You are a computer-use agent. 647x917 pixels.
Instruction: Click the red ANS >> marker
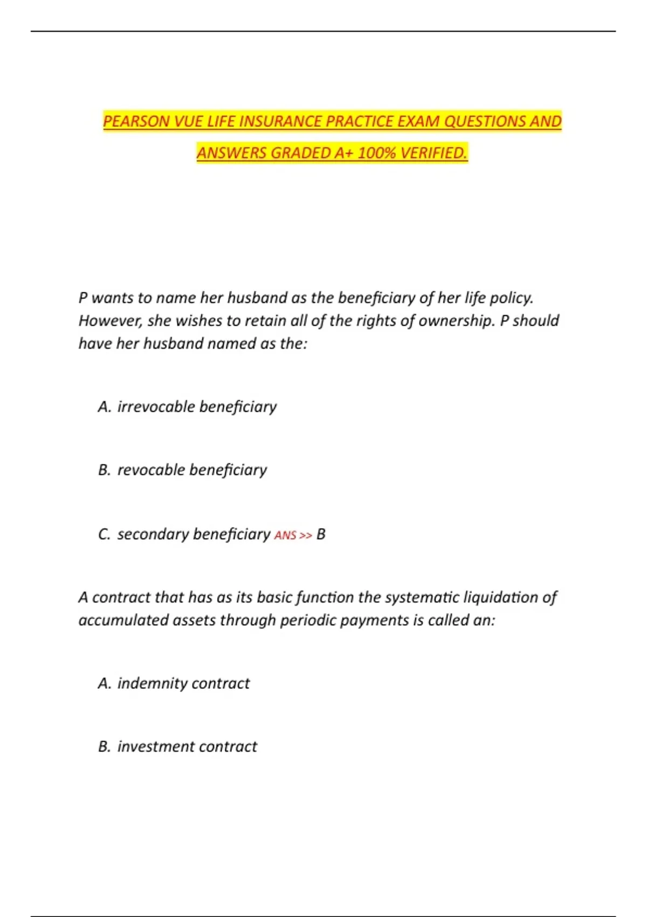(x=293, y=535)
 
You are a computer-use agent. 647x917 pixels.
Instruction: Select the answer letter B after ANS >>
(x=321, y=535)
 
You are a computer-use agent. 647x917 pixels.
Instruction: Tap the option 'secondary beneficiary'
(x=194, y=534)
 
